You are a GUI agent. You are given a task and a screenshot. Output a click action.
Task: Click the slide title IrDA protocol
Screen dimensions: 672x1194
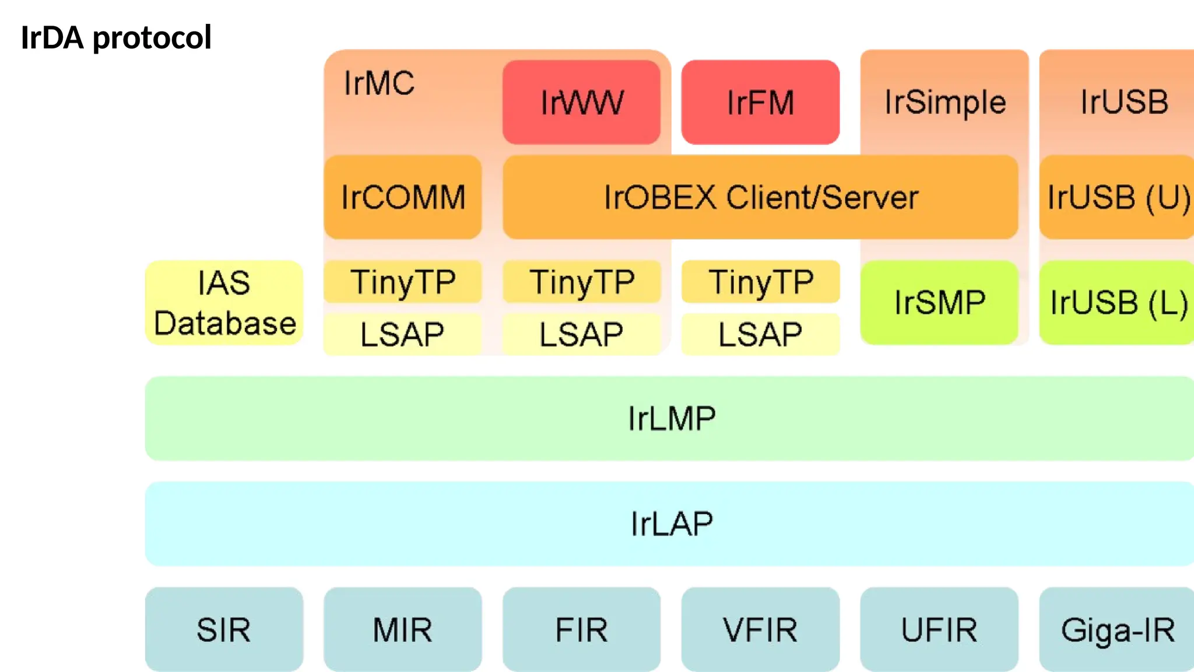[115, 38]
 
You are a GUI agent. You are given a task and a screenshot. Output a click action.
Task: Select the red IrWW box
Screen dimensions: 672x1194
[581, 102]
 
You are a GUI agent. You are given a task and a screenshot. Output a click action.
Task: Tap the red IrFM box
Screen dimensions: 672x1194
[760, 102]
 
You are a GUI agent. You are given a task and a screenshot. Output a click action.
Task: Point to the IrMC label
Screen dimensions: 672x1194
[379, 83]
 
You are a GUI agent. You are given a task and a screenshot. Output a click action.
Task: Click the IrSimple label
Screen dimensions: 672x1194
[944, 102]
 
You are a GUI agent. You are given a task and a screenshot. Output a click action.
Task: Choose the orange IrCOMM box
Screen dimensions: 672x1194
[403, 197]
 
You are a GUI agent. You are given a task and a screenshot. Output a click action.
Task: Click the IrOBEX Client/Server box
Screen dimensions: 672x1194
[760, 197]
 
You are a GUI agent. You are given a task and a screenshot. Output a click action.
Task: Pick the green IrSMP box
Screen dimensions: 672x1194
[939, 303]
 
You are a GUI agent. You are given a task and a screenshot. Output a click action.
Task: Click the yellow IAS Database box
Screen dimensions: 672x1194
[224, 303]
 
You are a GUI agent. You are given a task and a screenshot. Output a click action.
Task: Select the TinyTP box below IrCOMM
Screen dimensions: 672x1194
[403, 282]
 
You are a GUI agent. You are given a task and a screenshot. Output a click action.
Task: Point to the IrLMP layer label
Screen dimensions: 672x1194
[671, 418]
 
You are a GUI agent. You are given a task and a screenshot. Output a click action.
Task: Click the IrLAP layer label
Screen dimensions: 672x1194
[671, 523]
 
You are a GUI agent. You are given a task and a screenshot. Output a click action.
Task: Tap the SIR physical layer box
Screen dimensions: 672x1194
[224, 629]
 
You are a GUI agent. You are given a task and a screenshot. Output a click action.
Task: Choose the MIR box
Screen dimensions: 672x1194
[403, 629]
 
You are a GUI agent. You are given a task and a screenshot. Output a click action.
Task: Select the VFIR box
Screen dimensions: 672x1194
[760, 629]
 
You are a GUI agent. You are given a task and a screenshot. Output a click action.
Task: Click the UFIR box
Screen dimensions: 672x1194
[939, 629]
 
